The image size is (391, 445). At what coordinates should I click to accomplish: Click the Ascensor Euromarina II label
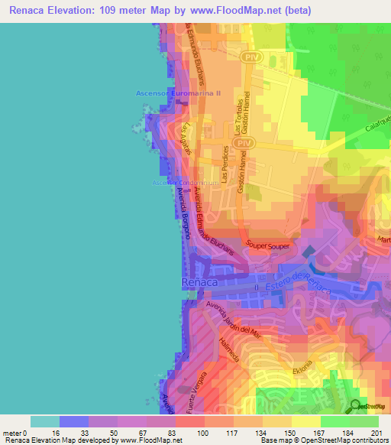[x=178, y=93]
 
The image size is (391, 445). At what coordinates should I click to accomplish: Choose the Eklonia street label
[x=308, y=362]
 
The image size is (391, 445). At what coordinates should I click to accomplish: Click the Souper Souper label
[x=268, y=245]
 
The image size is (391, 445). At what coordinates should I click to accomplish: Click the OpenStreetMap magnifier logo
[x=355, y=405]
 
